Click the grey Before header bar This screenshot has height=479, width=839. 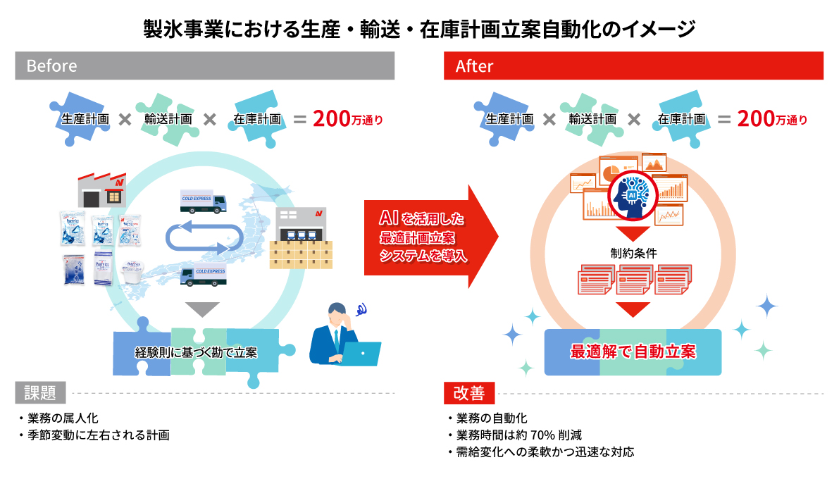coord(204,66)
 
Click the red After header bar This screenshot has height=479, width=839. coord(633,66)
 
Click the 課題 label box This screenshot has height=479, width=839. coord(40,392)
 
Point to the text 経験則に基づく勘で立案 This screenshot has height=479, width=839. coord(196,352)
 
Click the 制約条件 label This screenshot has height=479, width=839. coord(633,254)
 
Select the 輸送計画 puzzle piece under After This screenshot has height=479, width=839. coord(592,119)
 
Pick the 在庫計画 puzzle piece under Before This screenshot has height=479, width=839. coord(257,119)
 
